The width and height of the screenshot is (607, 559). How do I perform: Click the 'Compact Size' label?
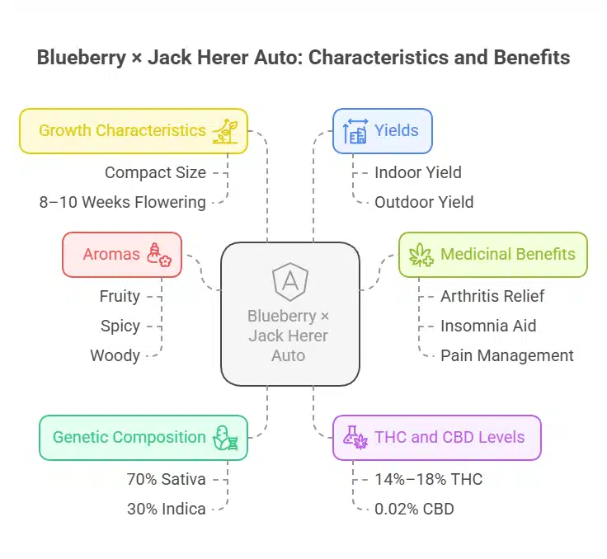click(x=155, y=172)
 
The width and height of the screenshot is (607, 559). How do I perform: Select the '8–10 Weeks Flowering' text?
click(x=123, y=202)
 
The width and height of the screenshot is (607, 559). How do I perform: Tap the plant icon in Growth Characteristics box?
click(x=225, y=131)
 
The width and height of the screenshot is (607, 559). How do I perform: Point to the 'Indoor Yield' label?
click(x=417, y=172)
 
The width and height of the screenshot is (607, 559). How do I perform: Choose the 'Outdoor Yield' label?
click(x=424, y=202)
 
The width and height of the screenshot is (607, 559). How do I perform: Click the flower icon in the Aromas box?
click(x=158, y=255)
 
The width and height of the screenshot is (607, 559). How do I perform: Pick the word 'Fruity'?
click(x=119, y=296)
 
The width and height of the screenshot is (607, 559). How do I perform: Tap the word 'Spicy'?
click(x=120, y=326)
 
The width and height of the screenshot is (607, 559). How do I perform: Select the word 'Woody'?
click(x=115, y=355)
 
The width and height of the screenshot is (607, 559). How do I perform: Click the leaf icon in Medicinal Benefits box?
click(x=422, y=255)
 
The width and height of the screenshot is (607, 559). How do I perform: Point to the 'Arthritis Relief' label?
click(x=492, y=296)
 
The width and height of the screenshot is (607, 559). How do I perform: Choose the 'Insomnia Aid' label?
click(x=488, y=326)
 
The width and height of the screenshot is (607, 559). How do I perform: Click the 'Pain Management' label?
click(x=506, y=355)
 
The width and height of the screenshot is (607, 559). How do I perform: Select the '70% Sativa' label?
click(x=166, y=479)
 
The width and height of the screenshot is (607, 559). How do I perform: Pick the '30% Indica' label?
click(x=166, y=509)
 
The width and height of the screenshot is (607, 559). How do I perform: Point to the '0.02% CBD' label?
click(x=414, y=509)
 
